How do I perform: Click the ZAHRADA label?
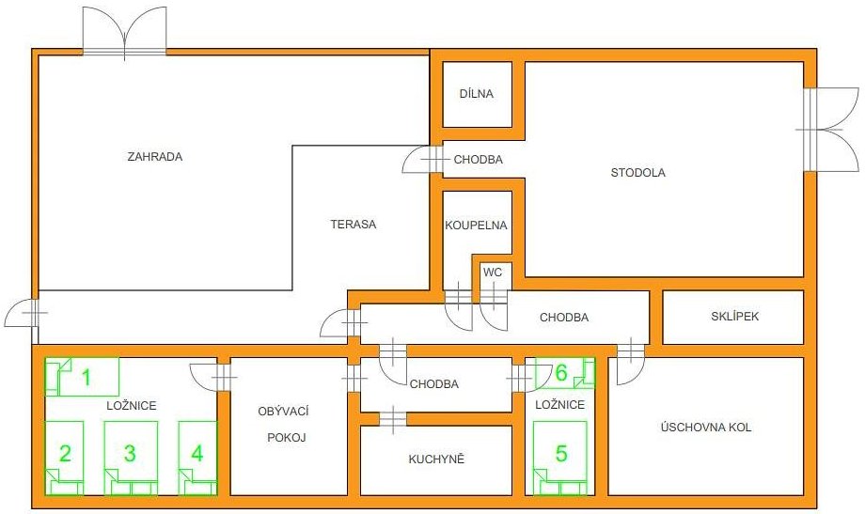(154, 157)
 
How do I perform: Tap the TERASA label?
(354, 225)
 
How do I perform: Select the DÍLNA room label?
(477, 94)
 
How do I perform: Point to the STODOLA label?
(637, 173)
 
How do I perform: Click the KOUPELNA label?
(476, 225)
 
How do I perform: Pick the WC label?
(493, 273)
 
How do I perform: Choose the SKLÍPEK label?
(735, 317)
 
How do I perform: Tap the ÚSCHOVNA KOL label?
(705, 427)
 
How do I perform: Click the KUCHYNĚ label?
(436, 459)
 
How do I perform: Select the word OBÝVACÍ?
(284, 411)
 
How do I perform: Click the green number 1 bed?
(82, 377)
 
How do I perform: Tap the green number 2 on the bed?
(65, 453)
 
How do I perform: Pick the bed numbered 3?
(131, 458)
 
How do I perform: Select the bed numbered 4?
(197, 458)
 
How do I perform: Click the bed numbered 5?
(559, 458)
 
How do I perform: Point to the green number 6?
(561, 373)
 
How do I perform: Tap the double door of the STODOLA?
(827, 130)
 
